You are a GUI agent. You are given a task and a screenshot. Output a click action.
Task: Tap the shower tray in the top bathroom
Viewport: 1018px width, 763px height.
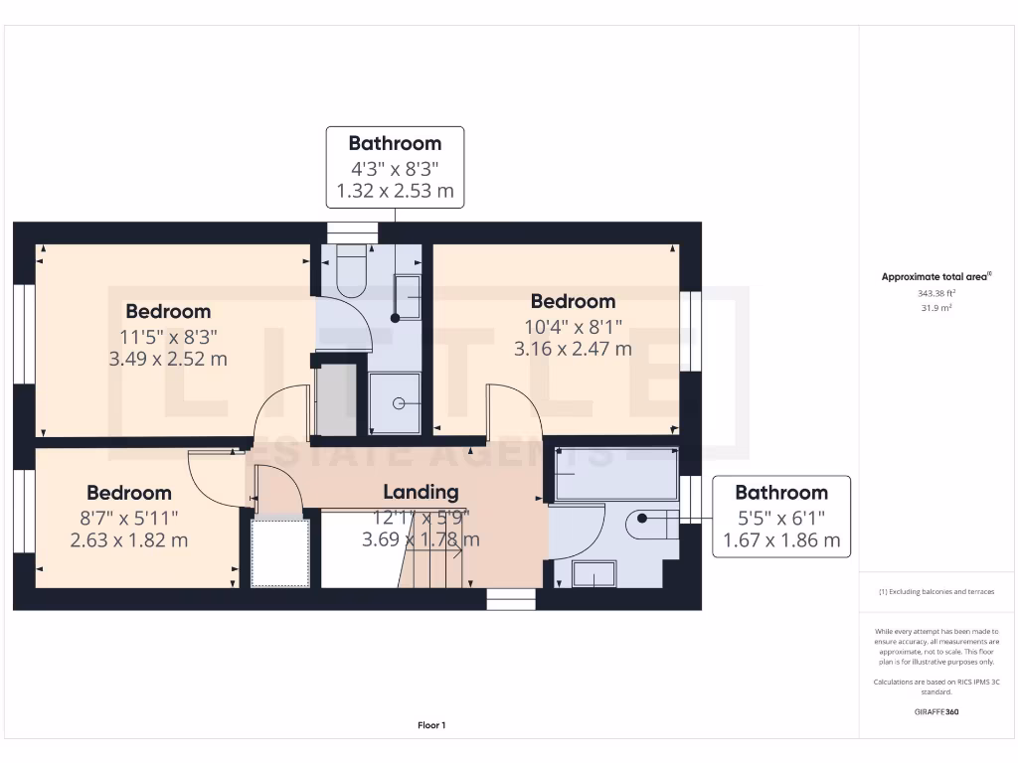(396, 403)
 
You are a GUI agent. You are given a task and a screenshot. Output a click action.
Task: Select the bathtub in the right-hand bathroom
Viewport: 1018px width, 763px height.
(613, 473)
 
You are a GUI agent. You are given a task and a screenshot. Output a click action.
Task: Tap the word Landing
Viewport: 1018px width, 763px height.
(421, 492)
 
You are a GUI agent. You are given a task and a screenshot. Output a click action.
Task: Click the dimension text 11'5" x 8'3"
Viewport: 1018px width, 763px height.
(168, 336)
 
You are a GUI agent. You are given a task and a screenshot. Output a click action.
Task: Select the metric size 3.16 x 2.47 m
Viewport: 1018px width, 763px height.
(573, 349)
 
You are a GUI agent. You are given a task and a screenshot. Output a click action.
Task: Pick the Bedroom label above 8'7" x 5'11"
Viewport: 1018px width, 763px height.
(128, 493)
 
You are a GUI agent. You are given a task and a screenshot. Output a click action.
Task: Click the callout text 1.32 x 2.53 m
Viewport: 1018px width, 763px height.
(395, 191)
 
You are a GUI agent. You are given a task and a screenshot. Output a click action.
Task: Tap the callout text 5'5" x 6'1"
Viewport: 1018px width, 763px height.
(780, 518)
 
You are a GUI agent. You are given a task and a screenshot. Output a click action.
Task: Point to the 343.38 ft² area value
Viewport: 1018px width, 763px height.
(937, 294)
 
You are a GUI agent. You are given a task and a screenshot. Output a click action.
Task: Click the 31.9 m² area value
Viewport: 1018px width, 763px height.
(937, 308)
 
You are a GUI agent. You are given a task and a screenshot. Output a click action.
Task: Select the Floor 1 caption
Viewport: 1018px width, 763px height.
(431, 726)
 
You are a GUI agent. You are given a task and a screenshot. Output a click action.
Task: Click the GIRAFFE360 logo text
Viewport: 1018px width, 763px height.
(937, 712)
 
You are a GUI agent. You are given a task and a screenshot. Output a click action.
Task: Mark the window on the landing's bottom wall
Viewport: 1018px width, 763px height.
(511, 599)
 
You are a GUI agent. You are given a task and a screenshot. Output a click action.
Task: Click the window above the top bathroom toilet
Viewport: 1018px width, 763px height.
(353, 231)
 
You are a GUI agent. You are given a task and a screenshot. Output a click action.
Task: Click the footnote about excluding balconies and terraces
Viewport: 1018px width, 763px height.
(936, 592)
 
